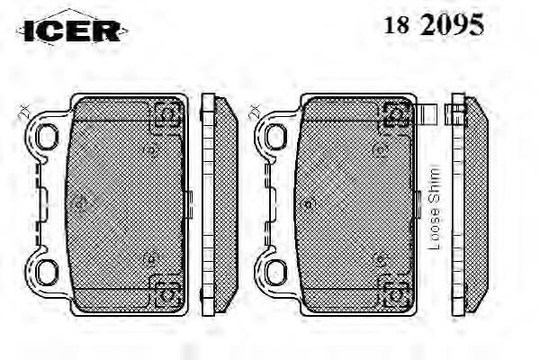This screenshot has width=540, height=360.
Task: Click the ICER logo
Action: point(72,31)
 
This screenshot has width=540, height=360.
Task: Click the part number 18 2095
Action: point(434,24)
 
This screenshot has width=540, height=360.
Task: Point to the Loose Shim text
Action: point(434,208)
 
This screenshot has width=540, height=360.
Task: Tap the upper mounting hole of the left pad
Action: point(47,137)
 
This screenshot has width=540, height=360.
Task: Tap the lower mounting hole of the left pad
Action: point(47,272)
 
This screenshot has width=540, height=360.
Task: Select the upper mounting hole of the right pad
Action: point(276,137)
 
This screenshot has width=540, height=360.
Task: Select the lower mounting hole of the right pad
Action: point(276,272)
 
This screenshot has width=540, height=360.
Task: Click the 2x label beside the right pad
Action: point(255,112)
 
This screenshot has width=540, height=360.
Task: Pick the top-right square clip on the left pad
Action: point(167,114)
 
